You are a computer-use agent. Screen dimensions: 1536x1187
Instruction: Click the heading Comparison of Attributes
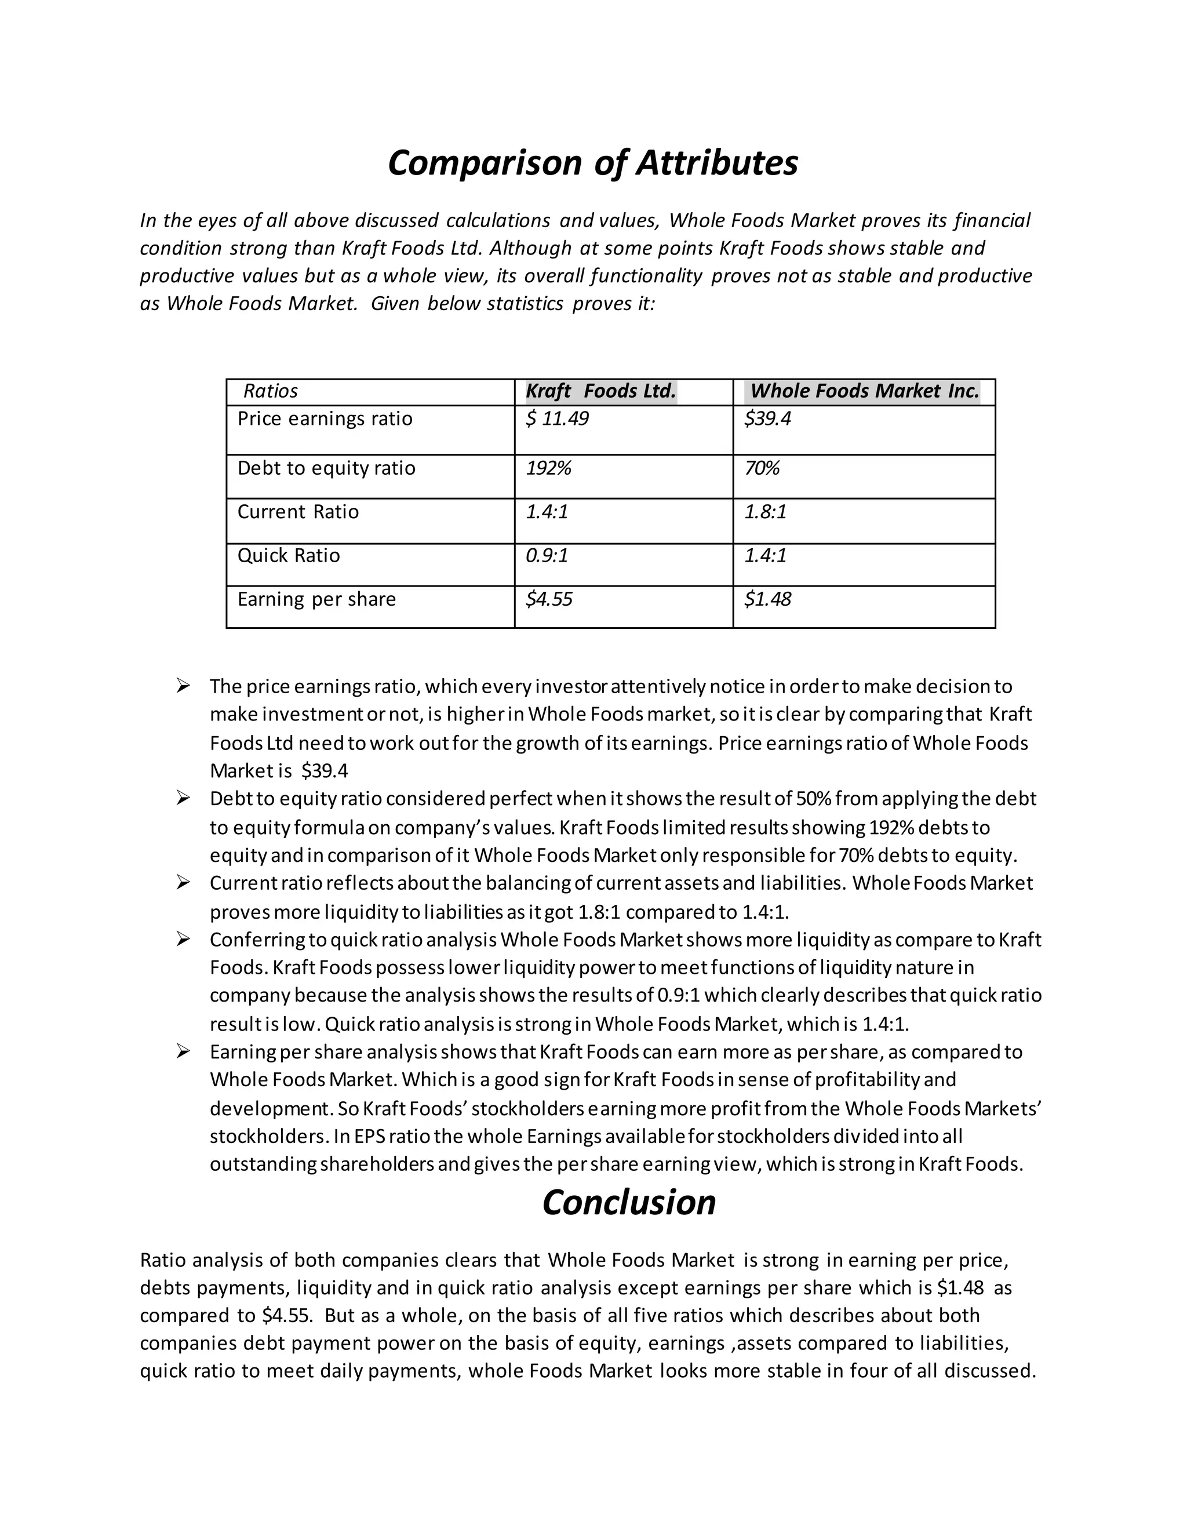[x=593, y=163]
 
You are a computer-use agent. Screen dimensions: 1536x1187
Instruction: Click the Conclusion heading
[x=629, y=1202]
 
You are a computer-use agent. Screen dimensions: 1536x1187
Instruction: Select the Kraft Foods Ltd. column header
[x=600, y=391]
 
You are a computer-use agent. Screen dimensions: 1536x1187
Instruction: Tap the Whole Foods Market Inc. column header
[x=864, y=391]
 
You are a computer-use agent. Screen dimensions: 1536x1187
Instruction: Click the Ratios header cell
[x=271, y=391]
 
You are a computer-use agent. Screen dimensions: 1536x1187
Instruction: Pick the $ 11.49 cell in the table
[x=557, y=419]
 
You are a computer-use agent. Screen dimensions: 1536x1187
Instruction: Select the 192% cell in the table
[x=548, y=468]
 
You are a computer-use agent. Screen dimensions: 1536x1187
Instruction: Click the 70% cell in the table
[x=762, y=468]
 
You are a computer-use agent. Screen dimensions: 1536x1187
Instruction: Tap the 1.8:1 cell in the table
[x=765, y=512]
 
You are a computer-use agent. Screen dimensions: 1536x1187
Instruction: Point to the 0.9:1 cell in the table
[x=547, y=556]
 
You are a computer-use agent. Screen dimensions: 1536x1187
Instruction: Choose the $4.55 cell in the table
[x=549, y=599]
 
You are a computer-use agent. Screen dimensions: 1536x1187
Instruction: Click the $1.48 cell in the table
[x=767, y=599]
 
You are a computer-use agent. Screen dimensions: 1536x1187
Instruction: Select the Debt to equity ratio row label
[x=326, y=468]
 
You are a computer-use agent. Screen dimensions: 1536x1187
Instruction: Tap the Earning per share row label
[x=316, y=599]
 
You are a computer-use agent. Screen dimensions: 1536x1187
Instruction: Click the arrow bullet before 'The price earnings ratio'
[x=184, y=686]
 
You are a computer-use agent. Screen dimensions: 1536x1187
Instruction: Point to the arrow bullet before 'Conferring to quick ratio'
[x=184, y=939]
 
